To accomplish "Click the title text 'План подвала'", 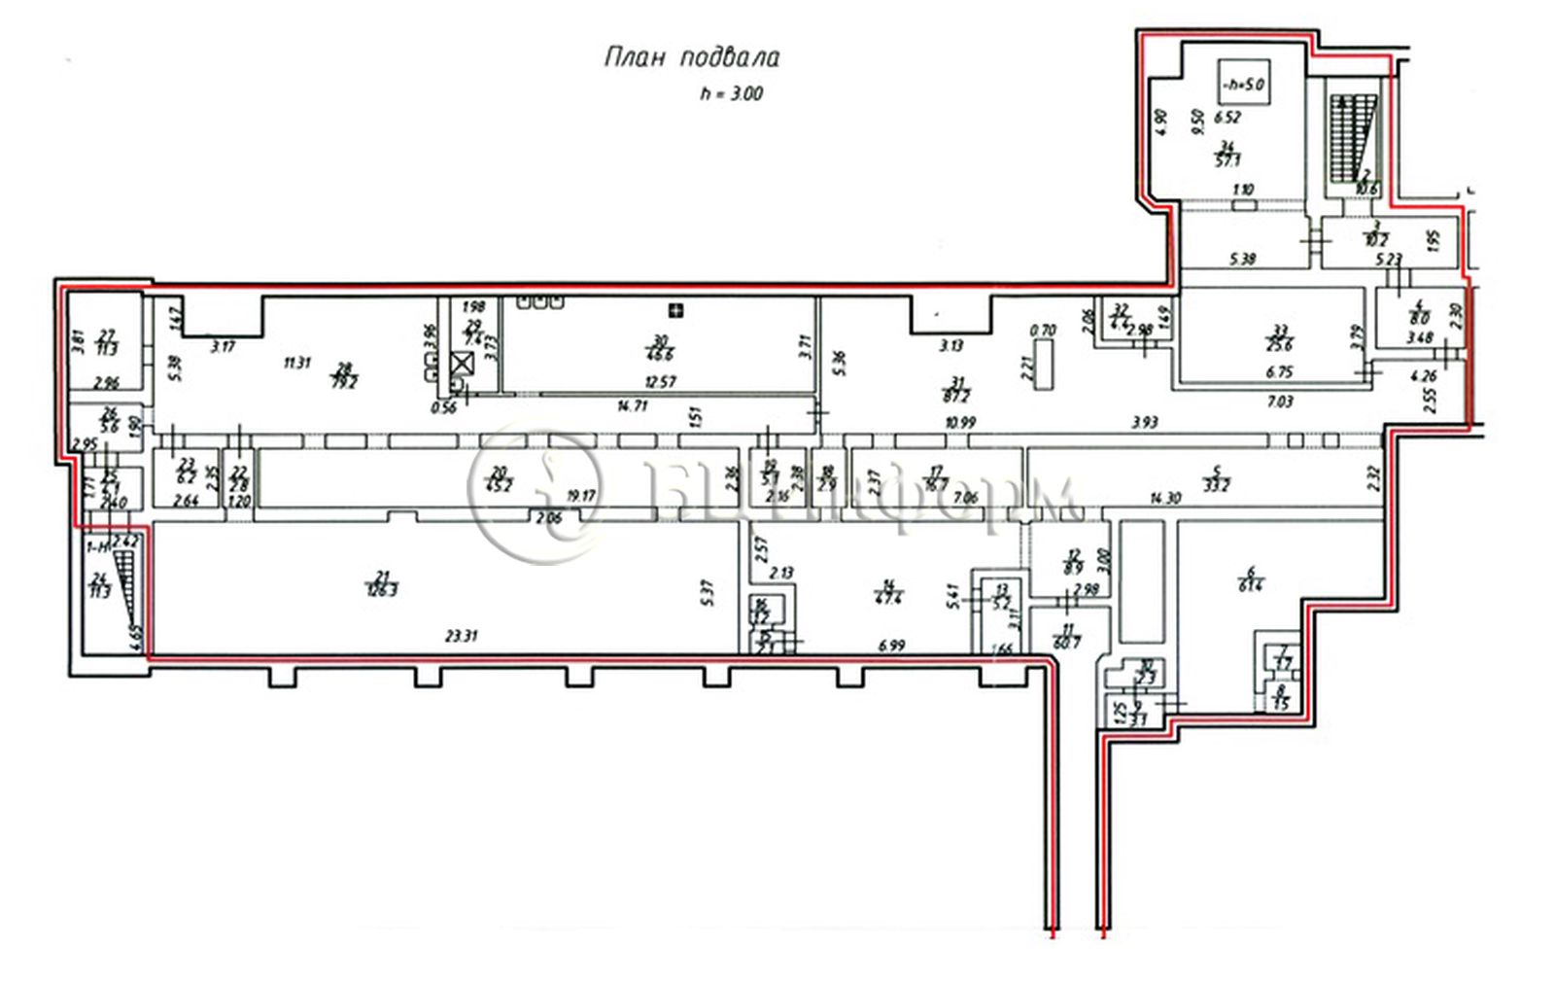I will tap(691, 57).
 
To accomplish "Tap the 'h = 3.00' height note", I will tap(731, 94).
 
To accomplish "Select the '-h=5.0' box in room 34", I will tap(1245, 84).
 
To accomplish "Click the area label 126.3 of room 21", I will tap(382, 589).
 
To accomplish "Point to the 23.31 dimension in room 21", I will tap(460, 636).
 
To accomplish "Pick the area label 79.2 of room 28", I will tap(343, 382).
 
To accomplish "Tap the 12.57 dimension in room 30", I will tap(662, 382).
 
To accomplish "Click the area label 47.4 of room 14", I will tap(887, 598).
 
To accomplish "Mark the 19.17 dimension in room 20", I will tap(580, 496).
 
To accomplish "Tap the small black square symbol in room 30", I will tap(675, 311).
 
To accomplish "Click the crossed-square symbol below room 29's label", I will tap(464, 365).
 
